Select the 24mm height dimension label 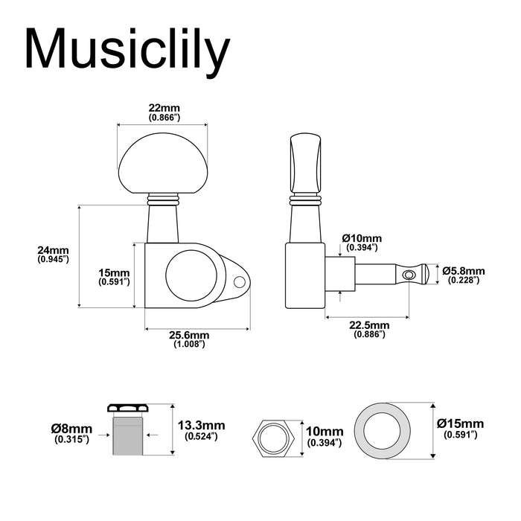tap(53, 249)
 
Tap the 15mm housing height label tap(115, 272)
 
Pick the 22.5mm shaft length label tap(369, 325)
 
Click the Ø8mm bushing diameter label tap(72, 429)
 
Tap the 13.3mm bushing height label tap(202, 426)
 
